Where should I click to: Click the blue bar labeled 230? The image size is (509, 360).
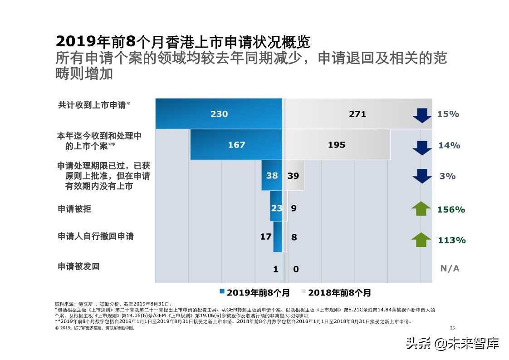pyautogui.click(x=219, y=114)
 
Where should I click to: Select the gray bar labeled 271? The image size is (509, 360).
pyautogui.click(x=357, y=114)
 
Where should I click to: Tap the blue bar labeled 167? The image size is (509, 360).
pyautogui.click(x=236, y=145)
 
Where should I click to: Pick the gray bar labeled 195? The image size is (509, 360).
pyautogui.click(x=337, y=145)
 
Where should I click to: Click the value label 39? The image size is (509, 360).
pyautogui.click(x=294, y=176)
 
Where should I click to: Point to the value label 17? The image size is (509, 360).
pyautogui.click(x=266, y=237)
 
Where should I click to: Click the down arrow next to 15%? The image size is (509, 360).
pyautogui.click(x=422, y=115)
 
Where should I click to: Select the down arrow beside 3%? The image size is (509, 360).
pyautogui.click(x=422, y=176)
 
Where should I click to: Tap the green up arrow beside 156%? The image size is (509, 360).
pyautogui.click(x=421, y=209)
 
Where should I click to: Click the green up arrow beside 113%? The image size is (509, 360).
pyautogui.click(x=421, y=239)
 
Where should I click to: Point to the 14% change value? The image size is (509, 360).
pyautogui.click(x=449, y=145)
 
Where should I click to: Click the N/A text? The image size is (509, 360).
pyautogui.click(x=450, y=268)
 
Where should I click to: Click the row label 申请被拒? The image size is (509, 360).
pyautogui.click(x=74, y=209)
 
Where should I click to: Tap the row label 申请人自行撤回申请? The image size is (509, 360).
pyautogui.click(x=96, y=237)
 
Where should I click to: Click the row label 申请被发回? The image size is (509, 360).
pyautogui.click(x=78, y=266)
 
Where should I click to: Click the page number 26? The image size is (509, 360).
pyautogui.click(x=452, y=328)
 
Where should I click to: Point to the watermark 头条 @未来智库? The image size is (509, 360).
pyautogui.click(x=452, y=344)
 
